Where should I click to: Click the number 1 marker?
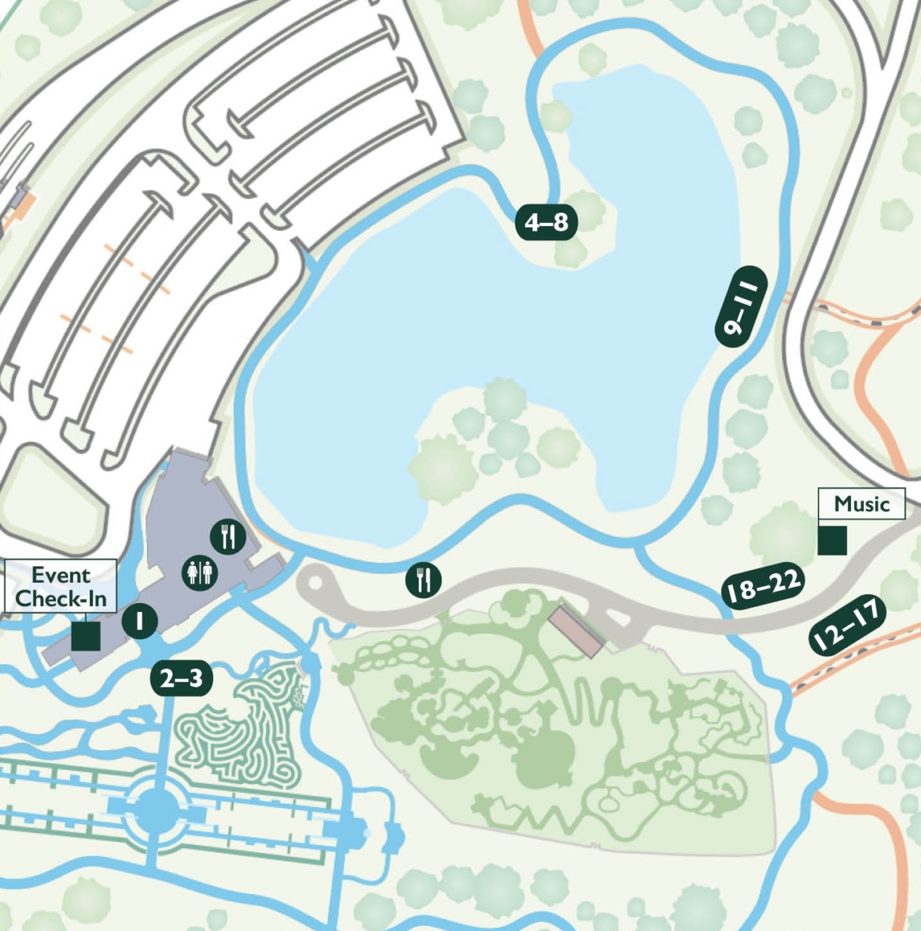[x=139, y=621]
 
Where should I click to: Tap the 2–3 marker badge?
[x=182, y=678]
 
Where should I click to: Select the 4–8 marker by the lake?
[x=546, y=222]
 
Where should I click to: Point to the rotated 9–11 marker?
[x=741, y=307]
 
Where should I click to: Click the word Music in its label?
[x=861, y=504]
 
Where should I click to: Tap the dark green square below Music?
[x=832, y=541]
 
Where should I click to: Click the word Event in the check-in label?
[x=61, y=575]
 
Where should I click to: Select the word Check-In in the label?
[x=61, y=599]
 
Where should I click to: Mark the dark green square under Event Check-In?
[x=86, y=635]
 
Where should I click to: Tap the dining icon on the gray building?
[x=228, y=537]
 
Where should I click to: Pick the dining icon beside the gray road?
[x=424, y=580]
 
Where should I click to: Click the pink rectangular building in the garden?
[x=576, y=630]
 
